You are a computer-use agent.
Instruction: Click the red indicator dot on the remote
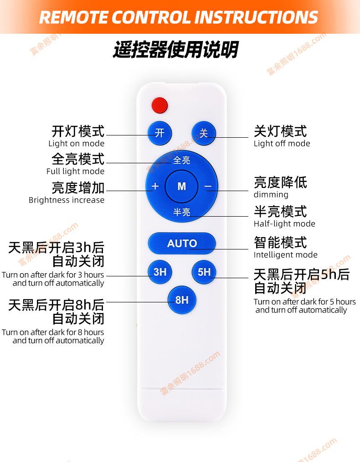coord(159,104)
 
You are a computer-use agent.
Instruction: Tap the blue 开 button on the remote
coord(159,133)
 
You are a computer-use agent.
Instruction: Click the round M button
coord(182,186)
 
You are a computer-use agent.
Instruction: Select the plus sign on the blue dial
coord(155,186)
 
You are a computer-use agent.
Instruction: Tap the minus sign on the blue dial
coord(208,186)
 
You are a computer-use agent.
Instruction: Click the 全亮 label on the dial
coord(182,160)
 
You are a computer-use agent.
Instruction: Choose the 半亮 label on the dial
coord(182,212)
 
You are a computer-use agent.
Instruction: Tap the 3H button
coord(160,272)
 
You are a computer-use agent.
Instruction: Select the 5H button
coord(204,272)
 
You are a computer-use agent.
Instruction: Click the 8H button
coord(182,300)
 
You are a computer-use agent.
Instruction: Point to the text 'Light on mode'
coord(77,144)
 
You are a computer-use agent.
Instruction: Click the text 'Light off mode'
coord(282,144)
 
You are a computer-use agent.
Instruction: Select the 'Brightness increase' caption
coord(67,200)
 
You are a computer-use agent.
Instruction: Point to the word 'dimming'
coord(271,195)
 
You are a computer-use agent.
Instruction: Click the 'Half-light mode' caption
coord(284,224)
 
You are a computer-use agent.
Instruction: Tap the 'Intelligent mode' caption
coord(285,255)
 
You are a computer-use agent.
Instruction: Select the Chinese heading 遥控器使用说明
coord(175,50)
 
